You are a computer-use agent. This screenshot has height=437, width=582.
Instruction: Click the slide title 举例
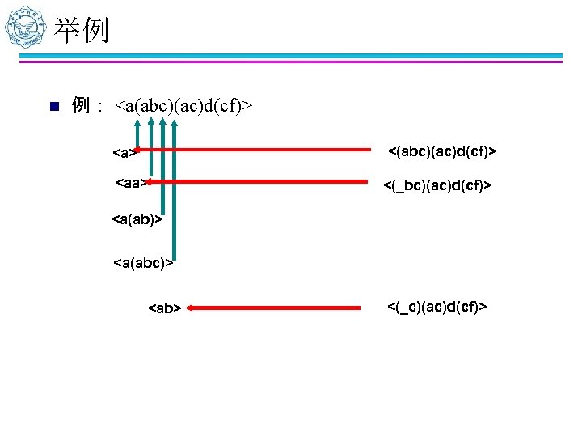pos(81,31)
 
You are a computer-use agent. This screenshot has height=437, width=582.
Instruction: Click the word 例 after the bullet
pos(80,105)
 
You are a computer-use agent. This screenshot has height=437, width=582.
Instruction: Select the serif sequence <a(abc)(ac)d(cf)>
pos(183,106)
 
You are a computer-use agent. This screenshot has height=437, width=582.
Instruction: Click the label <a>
pos(124,152)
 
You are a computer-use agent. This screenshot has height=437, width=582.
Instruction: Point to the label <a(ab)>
pos(137,218)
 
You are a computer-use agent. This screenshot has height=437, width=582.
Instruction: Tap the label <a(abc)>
pos(143,262)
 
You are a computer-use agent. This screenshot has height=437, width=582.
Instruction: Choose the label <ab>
pos(164,308)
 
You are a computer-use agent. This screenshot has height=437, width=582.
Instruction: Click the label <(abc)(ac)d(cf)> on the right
pos(442,151)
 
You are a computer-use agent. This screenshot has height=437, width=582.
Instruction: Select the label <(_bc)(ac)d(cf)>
pos(436,187)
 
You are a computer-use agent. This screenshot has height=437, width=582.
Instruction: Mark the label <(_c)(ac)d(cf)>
pos(436,306)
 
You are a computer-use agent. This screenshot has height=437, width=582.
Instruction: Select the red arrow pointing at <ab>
pos(275,308)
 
